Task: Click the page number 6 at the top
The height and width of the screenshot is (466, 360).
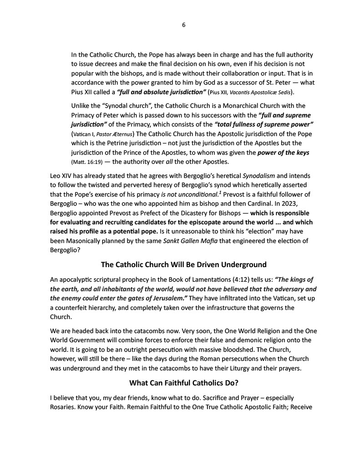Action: pos(183,25)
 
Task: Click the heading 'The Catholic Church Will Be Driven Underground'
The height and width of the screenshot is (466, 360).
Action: pos(183,264)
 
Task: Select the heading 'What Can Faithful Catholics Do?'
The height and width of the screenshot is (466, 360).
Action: pos(183,383)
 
